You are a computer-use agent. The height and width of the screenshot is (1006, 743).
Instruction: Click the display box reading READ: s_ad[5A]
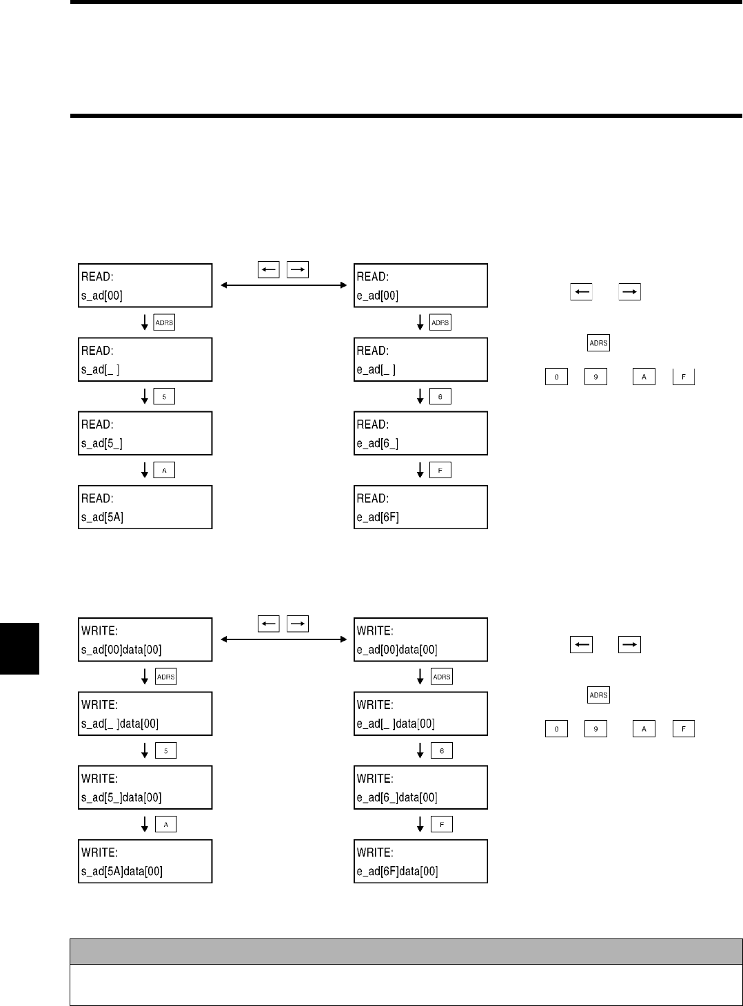tap(145, 507)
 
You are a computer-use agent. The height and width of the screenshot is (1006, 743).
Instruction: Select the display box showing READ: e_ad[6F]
tap(420, 507)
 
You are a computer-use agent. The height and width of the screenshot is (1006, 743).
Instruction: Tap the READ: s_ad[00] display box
tap(145, 285)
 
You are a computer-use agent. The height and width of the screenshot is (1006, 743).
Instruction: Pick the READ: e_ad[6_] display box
tap(420, 433)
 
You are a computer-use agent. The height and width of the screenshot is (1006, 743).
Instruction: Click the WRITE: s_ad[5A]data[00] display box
tap(145, 861)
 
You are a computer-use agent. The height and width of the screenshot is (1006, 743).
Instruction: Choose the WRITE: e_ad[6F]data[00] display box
tap(420, 861)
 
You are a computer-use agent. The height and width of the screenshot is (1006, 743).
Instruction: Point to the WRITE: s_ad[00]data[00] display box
tap(145, 639)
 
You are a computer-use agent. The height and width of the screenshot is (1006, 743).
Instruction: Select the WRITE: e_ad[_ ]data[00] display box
tap(420, 714)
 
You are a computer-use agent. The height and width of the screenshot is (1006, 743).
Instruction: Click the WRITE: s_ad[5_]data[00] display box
tap(145, 788)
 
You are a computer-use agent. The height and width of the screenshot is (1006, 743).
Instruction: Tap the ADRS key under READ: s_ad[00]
tap(165, 322)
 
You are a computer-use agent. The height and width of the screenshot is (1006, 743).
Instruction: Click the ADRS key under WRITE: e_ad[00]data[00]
tap(442, 677)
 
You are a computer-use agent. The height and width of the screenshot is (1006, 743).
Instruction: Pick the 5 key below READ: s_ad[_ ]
tap(165, 396)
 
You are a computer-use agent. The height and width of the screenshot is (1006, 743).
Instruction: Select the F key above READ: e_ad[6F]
tap(440, 470)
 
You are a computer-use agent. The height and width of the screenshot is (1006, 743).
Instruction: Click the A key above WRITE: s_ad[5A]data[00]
tap(166, 824)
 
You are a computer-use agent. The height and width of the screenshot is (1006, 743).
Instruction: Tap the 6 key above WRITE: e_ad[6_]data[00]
tap(442, 750)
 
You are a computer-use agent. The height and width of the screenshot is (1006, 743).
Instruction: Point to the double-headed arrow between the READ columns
tap(283, 285)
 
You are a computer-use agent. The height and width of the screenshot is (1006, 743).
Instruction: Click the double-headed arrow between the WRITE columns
tap(283, 639)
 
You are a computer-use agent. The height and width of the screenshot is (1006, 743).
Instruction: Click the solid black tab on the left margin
tap(19, 648)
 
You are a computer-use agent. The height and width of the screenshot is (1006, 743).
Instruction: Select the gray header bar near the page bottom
tap(406, 951)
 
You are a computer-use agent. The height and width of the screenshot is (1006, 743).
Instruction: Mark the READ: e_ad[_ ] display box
tap(420, 360)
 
